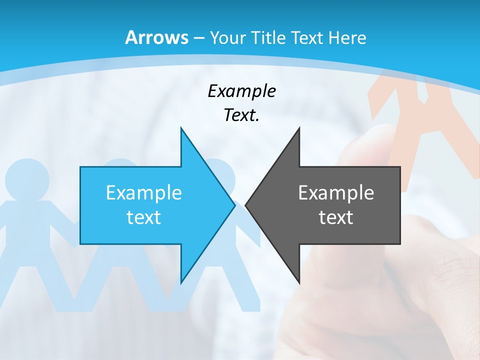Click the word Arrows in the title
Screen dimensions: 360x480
(156, 37)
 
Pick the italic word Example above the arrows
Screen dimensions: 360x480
(241, 91)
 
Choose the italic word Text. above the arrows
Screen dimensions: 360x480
(241, 115)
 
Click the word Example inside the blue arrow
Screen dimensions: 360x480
(144, 192)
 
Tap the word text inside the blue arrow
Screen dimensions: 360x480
(144, 217)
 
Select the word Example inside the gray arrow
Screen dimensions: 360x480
(336, 192)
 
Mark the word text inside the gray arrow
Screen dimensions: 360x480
(336, 217)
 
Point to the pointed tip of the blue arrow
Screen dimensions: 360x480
(234, 205)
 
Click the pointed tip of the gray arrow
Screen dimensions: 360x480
(246, 205)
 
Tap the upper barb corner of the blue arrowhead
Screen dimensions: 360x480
(181, 128)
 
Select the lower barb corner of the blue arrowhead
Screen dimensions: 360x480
(181, 283)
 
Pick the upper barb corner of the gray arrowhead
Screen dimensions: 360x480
(299, 128)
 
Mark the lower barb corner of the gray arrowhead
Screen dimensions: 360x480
(299, 283)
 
